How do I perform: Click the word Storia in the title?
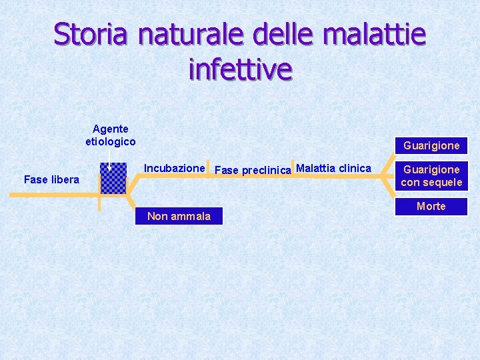tap(93, 35)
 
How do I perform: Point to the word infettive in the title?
tap(240, 69)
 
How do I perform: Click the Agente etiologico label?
tap(111, 135)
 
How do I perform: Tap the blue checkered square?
tap(113, 178)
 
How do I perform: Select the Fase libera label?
tap(51, 179)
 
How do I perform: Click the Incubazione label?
tap(174, 169)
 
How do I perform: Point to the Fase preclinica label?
tap(253, 170)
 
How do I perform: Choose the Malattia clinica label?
tap(333, 168)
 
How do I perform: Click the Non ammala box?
tap(179, 215)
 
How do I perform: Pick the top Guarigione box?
tap(431, 145)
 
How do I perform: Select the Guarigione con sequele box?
tap(431, 176)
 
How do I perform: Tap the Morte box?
tap(431, 207)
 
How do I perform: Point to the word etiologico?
tap(111, 141)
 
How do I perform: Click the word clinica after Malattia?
tap(354, 168)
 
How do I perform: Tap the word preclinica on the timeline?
tap(266, 170)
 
